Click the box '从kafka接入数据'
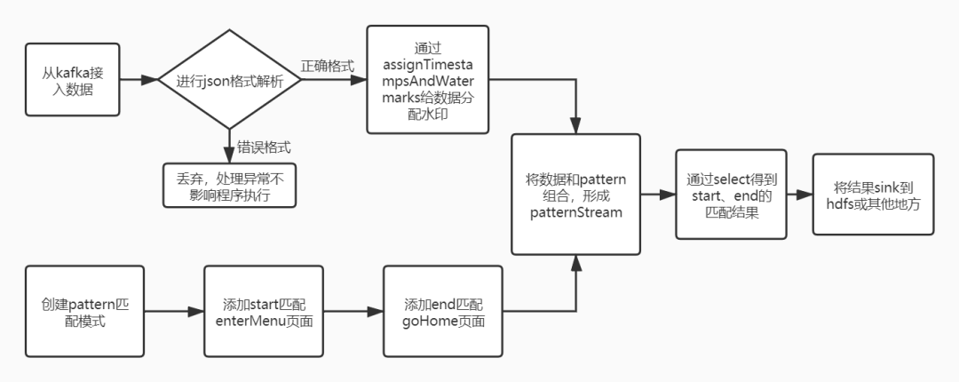(x=72, y=80)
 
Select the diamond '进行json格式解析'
(x=229, y=80)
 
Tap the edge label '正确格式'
(x=327, y=66)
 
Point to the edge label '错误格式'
(x=264, y=147)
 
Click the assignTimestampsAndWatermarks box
(x=427, y=80)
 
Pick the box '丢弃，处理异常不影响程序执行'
(x=229, y=186)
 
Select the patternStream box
(x=575, y=195)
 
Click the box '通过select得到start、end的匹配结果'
(x=731, y=195)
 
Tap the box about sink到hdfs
(x=873, y=195)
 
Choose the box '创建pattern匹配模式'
(x=84, y=311)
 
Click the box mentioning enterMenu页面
(x=264, y=311)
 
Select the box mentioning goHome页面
(x=443, y=311)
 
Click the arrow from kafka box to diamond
(x=139, y=80)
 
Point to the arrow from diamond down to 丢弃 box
(x=229, y=147)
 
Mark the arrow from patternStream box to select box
(x=658, y=195)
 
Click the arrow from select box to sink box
(x=800, y=195)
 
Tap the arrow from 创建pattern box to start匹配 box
(x=174, y=311)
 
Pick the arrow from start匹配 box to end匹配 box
(x=353, y=311)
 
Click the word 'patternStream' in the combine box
(x=575, y=212)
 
